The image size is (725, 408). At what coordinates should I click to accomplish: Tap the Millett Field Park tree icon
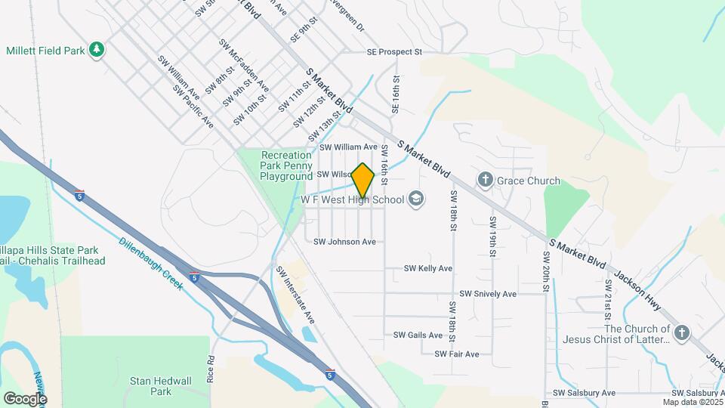[96, 50]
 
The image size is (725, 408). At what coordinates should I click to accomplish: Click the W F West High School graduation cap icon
[415, 199]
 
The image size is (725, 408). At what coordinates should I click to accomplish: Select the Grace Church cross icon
[485, 181]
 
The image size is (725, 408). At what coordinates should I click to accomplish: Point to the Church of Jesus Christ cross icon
[682, 332]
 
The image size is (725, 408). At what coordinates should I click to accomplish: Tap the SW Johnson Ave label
[344, 242]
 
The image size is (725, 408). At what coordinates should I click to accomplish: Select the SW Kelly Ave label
[428, 268]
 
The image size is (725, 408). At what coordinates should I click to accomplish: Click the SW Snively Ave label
[488, 294]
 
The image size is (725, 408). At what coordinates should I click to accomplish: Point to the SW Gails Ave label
[418, 335]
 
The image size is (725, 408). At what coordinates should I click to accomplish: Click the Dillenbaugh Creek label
[151, 265]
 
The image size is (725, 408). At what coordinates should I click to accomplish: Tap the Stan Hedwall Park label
[151, 386]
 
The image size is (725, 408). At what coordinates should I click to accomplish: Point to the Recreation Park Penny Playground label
[286, 165]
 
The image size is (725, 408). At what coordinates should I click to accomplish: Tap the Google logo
[25, 398]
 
